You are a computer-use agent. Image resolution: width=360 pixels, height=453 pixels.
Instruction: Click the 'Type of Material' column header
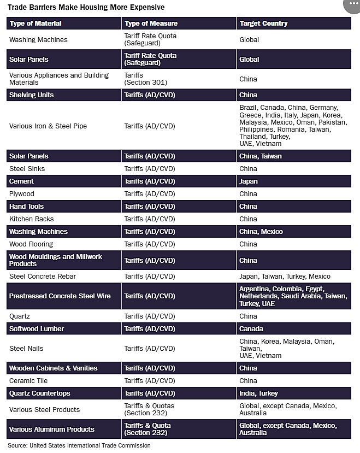36,23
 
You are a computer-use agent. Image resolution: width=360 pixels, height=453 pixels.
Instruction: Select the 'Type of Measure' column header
151,23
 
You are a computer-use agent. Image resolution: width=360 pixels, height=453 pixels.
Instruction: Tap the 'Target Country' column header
263,23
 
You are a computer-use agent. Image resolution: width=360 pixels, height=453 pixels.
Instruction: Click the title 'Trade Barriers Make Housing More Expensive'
86,8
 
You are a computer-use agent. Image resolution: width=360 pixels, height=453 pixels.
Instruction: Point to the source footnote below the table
79,445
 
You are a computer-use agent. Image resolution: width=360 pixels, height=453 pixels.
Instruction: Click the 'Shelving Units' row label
31,95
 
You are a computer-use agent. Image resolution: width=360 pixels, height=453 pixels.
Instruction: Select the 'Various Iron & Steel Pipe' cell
48,126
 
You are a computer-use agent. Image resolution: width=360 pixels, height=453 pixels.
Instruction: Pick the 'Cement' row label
21,181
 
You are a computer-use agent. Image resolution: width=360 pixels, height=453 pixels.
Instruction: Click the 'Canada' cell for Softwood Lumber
251,329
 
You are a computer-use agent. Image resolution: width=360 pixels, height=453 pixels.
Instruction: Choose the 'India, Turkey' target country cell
258,393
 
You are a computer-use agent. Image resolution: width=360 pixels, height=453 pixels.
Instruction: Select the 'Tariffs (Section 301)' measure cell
145,79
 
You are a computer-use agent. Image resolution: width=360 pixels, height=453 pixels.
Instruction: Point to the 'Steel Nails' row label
26,349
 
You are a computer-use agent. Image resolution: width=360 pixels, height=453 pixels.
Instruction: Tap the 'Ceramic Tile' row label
28,381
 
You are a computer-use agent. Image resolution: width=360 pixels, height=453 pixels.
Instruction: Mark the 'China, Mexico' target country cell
261,232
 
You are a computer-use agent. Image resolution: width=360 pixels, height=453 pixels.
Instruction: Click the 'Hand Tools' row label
26,207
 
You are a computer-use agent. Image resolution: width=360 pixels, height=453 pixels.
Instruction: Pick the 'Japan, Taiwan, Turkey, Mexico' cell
285,276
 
